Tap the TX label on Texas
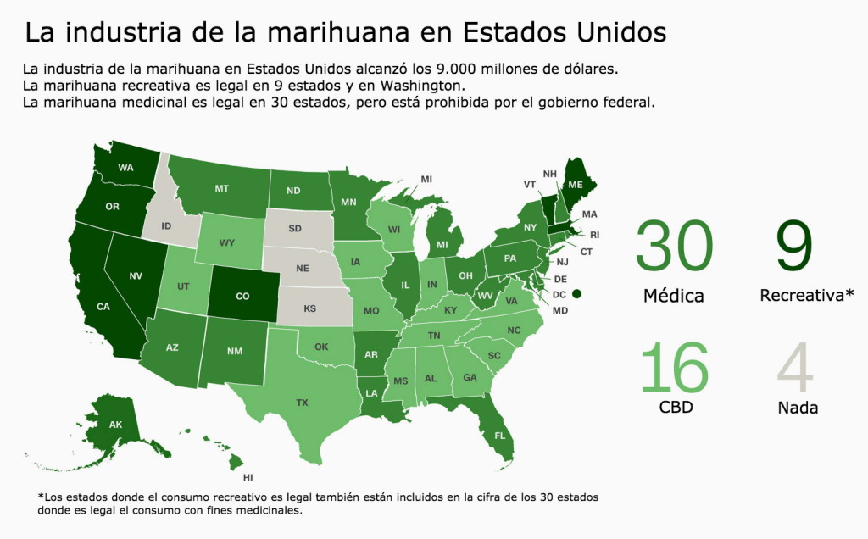click(303, 403)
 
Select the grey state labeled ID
click(166, 226)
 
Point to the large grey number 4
click(795, 367)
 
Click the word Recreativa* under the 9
click(807, 295)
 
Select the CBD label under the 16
click(676, 408)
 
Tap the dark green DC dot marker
click(577, 293)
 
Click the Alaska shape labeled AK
click(116, 424)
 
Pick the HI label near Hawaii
click(248, 478)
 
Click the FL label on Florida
click(500, 436)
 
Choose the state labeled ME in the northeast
click(576, 185)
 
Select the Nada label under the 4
click(798, 408)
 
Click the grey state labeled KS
click(310, 308)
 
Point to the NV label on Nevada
click(136, 275)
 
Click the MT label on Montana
click(223, 188)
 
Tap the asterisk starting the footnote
click(40, 497)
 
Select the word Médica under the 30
click(673, 296)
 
